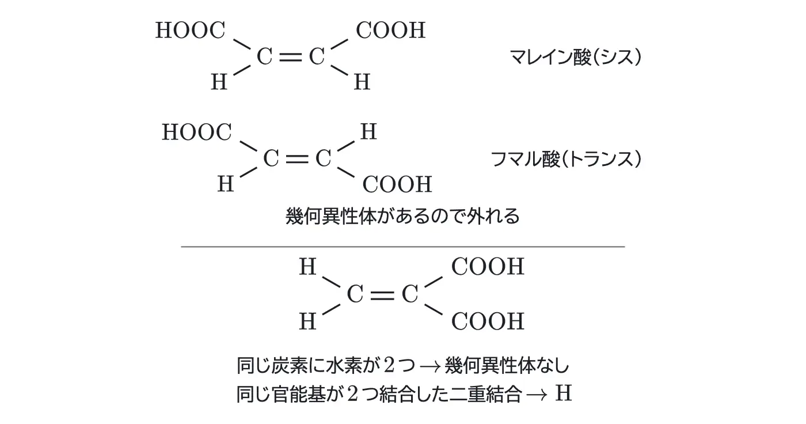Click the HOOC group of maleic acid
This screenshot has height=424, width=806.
click(191, 30)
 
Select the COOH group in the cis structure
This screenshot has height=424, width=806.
click(391, 30)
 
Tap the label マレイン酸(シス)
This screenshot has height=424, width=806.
click(575, 57)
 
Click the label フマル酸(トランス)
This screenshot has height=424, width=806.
click(565, 159)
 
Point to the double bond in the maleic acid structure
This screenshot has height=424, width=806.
click(290, 57)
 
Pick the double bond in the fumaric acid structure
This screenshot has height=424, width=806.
click(297, 159)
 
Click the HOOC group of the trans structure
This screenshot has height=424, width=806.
click(197, 132)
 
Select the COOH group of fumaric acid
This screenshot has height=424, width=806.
click(397, 184)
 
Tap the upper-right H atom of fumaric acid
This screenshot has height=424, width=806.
click(368, 132)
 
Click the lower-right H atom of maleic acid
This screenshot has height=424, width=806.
click(362, 82)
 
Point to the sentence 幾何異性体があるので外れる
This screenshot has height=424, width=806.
click(402, 216)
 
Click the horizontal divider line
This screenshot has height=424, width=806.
click(403, 247)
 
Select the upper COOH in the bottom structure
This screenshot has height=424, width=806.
click(488, 267)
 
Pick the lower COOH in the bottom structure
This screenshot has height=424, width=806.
click(488, 321)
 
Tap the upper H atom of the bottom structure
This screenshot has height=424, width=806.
click(307, 267)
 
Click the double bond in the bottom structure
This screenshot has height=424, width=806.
click(382, 295)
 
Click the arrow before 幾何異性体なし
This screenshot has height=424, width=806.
click(431, 367)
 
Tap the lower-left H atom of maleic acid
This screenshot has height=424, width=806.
click(219, 82)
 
